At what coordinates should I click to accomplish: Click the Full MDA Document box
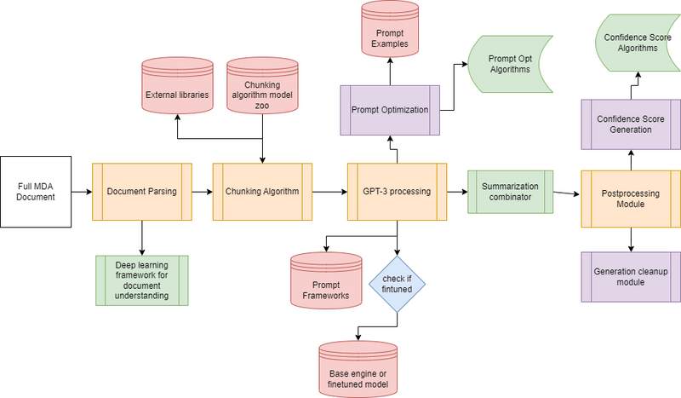tap(36, 191)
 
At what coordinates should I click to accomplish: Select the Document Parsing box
tap(142, 192)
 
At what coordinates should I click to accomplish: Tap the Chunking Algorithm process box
tap(262, 192)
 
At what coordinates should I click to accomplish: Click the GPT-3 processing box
tap(397, 192)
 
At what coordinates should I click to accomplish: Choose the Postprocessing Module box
tap(630, 198)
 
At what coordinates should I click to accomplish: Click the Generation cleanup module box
tap(630, 277)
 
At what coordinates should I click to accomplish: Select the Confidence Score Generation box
tap(630, 124)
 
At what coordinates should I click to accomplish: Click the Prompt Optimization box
tap(390, 110)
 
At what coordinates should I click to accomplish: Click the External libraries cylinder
tap(176, 89)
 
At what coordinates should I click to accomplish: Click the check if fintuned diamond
tap(397, 283)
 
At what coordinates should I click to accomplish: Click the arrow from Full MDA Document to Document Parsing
tap(80, 192)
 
